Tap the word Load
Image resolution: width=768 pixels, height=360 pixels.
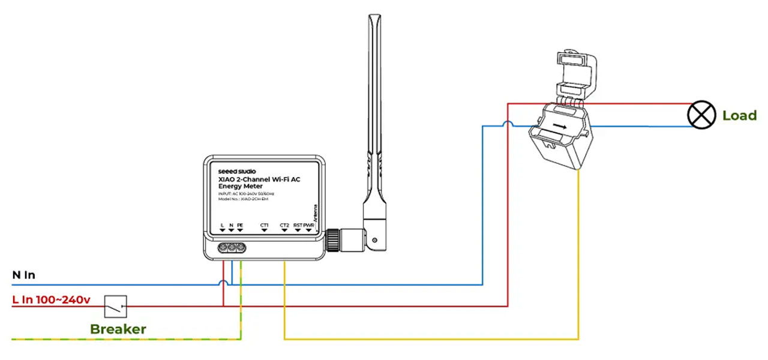pyautogui.click(x=739, y=116)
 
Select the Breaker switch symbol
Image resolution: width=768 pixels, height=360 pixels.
pyautogui.click(x=116, y=306)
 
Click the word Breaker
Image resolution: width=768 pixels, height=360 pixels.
pyautogui.click(x=118, y=329)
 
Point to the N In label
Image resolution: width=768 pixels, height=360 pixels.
pyautogui.click(x=24, y=275)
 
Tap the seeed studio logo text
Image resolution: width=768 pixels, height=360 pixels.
pyautogui.click(x=236, y=172)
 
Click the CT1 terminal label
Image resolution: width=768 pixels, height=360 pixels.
pyautogui.click(x=265, y=225)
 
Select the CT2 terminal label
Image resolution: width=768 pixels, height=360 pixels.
pyautogui.click(x=284, y=225)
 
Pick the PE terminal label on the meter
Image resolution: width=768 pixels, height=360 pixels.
pyautogui.click(x=240, y=225)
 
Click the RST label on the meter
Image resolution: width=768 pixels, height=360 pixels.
pyautogui.click(x=298, y=225)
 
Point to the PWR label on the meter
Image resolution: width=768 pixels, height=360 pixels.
pyautogui.click(x=309, y=225)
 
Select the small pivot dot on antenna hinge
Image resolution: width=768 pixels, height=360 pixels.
pyautogui.click(x=375, y=240)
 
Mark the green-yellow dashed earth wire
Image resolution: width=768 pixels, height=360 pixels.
pyautogui.click(x=120, y=340)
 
